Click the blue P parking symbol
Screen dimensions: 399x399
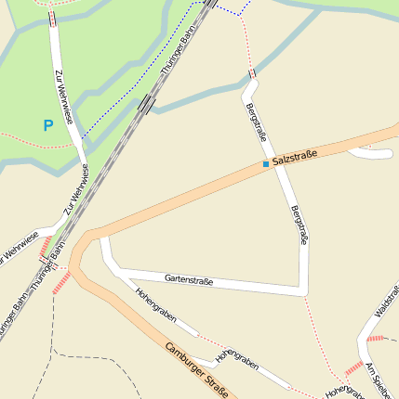pyautogui.click(x=48, y=124)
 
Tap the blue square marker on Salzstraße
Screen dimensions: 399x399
pyautogui.click(x=265, y=164)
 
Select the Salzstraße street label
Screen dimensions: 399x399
pyautogui.click(x=296, y=158)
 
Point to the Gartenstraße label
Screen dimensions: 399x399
pyautogui.click(x=189, y=279)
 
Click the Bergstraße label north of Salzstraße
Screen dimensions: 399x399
pyautogui.click(x=256, y=123)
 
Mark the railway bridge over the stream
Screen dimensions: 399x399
pyautogui.click(x=146, y=103)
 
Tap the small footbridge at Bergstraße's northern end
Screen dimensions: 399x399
pyautogui.click(x=252, y=73)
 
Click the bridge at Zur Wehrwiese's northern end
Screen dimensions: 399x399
pyautogui.click(x=51, y=19)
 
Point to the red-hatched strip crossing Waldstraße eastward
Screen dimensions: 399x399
pyautogui.click(x=376, y=338)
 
